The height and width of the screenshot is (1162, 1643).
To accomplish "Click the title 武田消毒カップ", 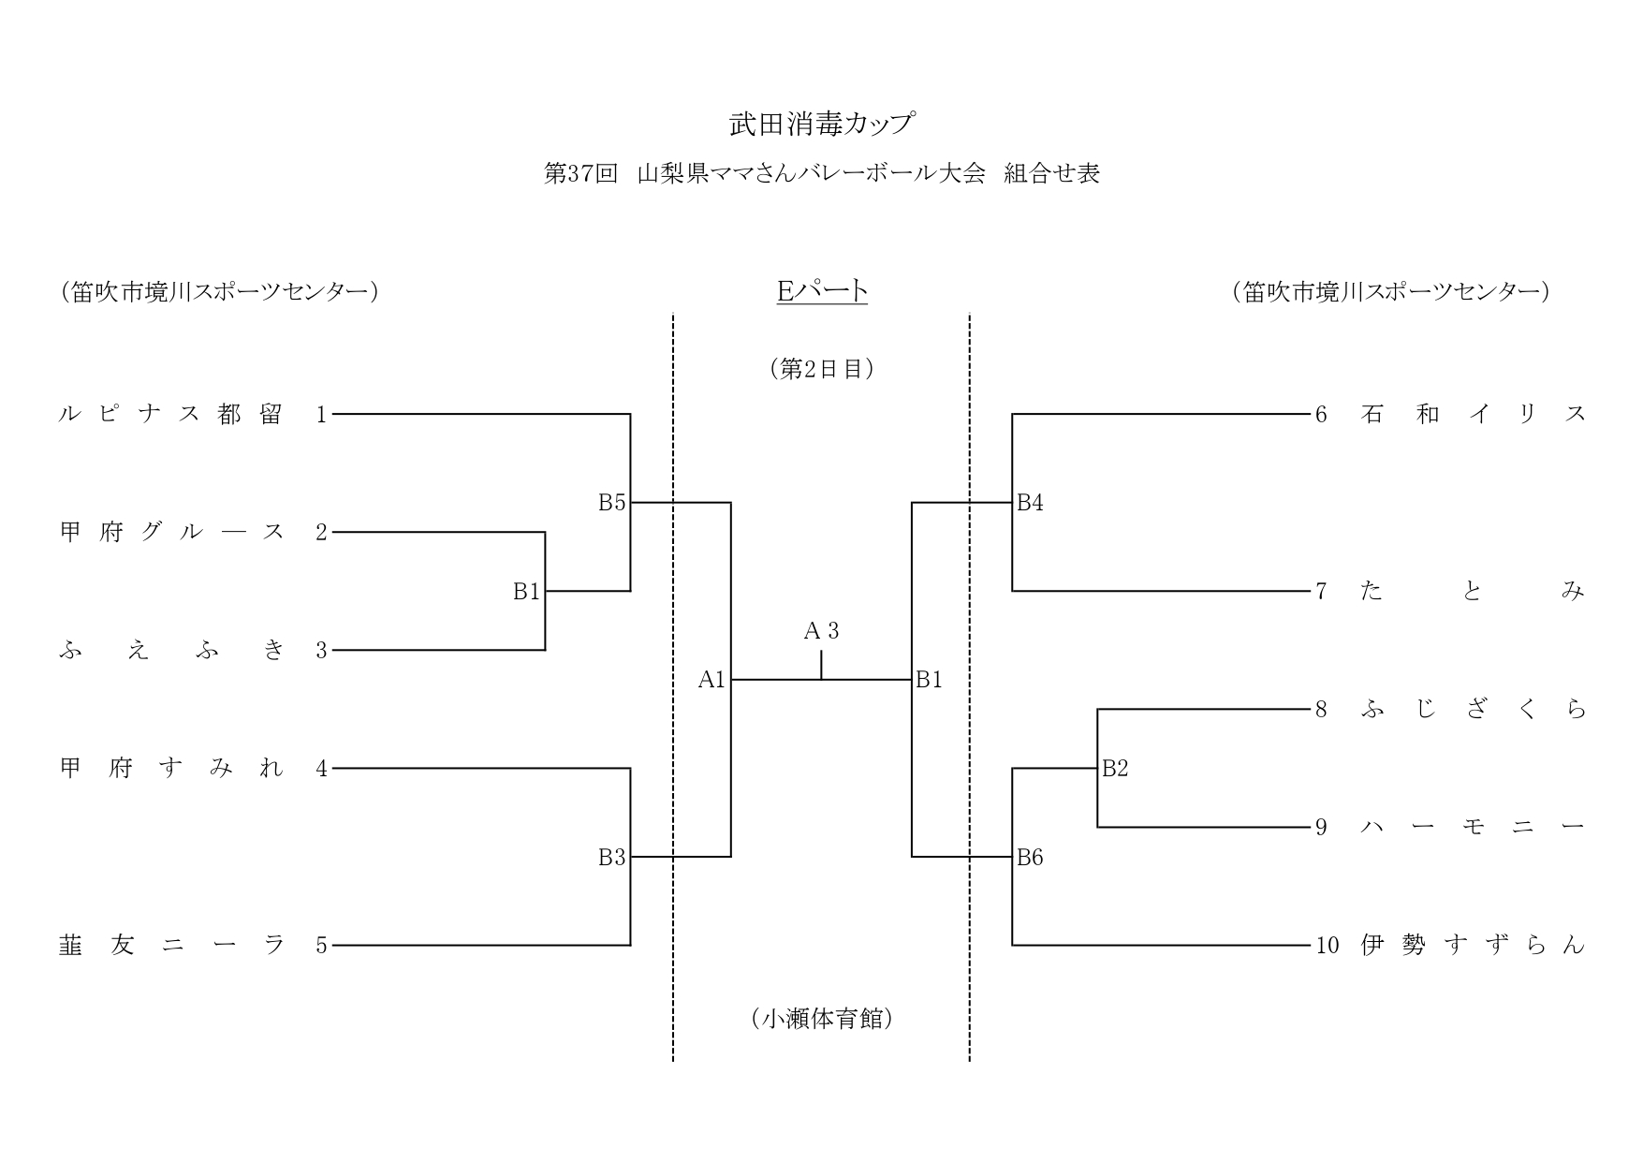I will tap(821, 124).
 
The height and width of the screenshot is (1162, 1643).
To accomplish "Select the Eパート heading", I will tap(822, 291).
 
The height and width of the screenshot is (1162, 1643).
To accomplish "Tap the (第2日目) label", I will tap(822, 369).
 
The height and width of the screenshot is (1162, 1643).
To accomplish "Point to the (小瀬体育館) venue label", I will tap(822, 1019).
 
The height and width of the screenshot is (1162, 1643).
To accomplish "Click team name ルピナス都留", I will tap(171, 414).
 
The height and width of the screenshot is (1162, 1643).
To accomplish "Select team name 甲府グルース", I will tap(171, 533).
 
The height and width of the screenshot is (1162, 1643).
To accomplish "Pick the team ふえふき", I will tap(171, 651).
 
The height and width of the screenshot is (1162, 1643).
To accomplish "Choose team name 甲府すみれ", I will tap(171, 769).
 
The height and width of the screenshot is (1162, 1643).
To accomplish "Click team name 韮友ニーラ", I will tap(171, 946).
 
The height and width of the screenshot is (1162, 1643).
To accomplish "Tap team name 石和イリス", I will tap(1473, 414).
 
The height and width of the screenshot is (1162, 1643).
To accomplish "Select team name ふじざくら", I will tap(1473, 710).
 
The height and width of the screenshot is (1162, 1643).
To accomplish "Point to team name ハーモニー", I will tap(1473, 828).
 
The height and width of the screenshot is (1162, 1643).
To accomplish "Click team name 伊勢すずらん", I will tap(1473, 946).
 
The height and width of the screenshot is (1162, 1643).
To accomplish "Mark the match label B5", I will tap(611, 503).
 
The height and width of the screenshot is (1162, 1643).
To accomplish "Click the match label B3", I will tap(611, 858).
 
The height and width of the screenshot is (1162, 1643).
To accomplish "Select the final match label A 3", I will tap(821, 632).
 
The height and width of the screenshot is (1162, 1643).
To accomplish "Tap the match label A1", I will tap(711, 680).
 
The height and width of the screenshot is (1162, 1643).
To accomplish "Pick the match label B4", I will tap(1030, 503).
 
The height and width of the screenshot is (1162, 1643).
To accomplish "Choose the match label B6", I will tap(1030, 858).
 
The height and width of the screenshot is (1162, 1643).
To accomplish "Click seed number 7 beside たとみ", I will tap(1321, 592).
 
